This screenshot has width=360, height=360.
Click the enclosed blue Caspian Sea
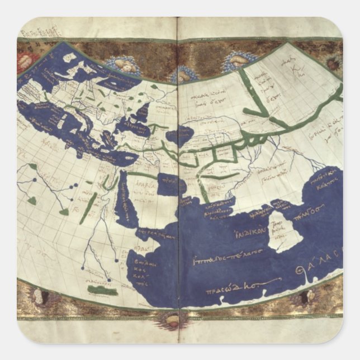tap(180, 135)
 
